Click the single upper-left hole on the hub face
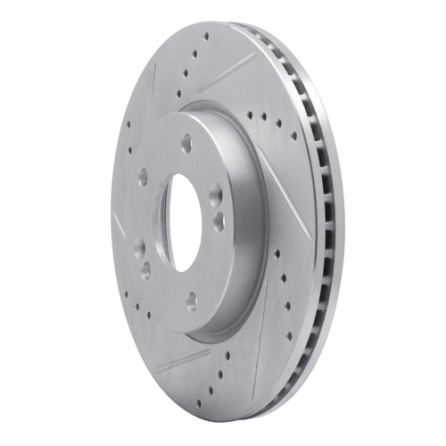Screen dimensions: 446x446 [143, 176]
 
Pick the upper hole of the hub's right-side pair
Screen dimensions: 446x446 [215, 194]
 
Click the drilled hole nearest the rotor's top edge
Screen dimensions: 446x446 [206, 38]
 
